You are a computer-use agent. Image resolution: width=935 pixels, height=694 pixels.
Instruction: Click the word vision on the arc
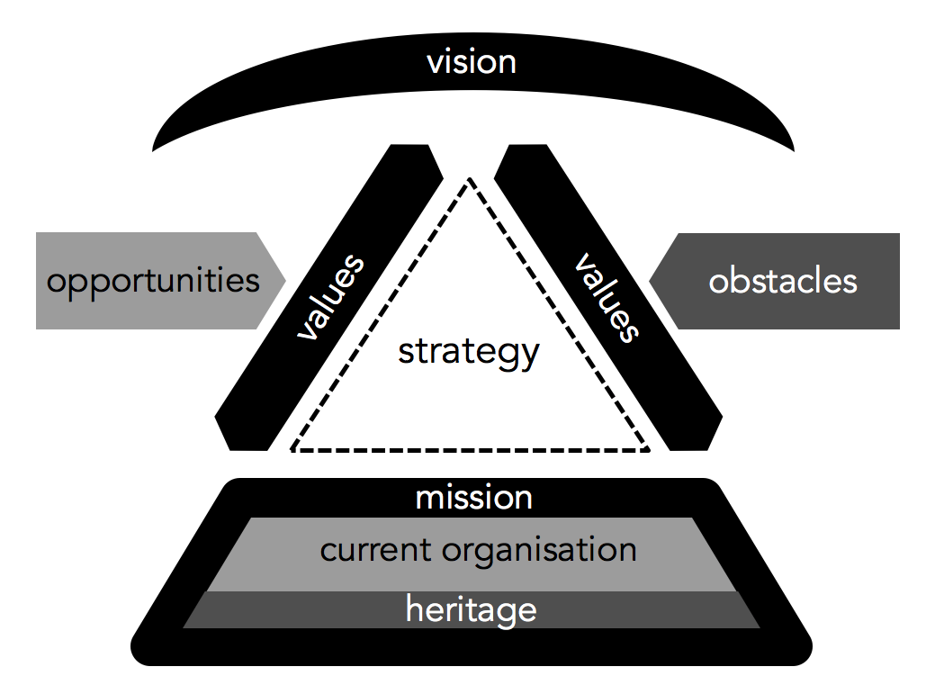(x=472, y=62)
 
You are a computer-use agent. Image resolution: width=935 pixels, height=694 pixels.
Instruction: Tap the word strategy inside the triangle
(x=469, y=352)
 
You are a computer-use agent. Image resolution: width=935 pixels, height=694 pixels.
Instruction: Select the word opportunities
(x=153, y=281)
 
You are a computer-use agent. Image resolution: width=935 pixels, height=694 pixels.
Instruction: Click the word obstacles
(x=783, y=281)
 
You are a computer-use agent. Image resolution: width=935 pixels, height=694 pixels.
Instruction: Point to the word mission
(x=473, y=498)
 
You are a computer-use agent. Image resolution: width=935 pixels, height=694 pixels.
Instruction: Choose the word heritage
(x=471, y=609)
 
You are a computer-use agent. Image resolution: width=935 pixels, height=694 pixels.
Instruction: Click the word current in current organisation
(x=369, y=549)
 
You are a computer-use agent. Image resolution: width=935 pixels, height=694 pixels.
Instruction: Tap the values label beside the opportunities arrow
(x=330, y=298)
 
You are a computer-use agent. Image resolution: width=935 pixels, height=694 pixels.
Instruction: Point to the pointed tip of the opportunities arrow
(x=286, y=281)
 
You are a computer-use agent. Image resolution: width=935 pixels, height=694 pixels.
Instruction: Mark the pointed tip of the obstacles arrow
(x=650, y=281)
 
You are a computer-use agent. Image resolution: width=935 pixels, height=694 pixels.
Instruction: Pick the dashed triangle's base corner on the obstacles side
(x=648, y=447)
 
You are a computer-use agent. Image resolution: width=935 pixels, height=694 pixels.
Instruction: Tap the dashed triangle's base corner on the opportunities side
(x=292, y=448)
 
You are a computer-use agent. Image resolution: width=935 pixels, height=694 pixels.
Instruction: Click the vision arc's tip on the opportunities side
(x=154, y=149)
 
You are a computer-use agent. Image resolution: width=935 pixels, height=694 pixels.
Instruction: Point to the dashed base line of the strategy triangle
(x=469, y=449)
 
